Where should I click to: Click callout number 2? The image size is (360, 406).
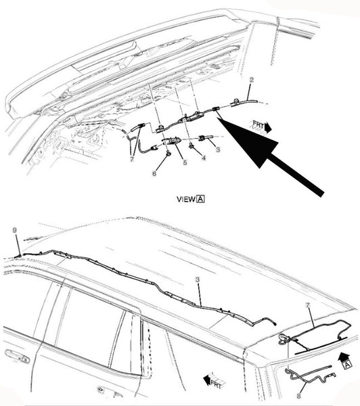251,80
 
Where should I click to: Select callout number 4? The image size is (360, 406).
204,158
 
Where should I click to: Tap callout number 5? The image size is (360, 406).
185,162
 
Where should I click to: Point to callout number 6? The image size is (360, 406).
154,173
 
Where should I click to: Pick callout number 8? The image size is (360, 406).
298,396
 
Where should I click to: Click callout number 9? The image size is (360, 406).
15,230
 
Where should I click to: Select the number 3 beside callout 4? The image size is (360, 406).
218,150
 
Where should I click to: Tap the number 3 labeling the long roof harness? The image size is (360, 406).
198,279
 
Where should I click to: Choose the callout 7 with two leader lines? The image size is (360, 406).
132,159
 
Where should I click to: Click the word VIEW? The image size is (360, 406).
186,199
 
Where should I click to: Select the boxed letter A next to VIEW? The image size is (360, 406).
201,199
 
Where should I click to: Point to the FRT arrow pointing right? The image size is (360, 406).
261,127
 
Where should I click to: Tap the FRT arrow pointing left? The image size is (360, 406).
214,380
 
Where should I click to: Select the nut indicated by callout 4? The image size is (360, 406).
192,147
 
